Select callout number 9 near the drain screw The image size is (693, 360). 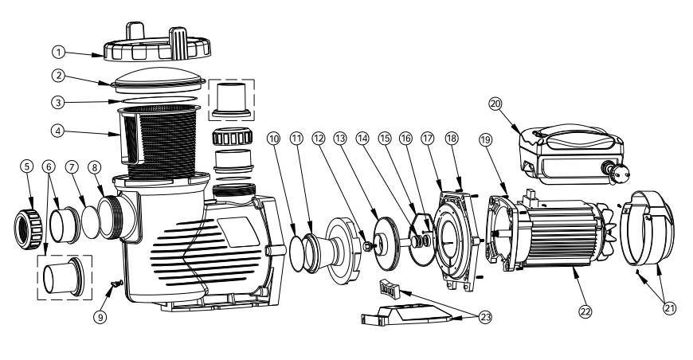[x=101, y=317]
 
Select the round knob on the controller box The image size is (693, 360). [x=617, y=169]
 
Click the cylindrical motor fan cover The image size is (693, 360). [x=646, y=226]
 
